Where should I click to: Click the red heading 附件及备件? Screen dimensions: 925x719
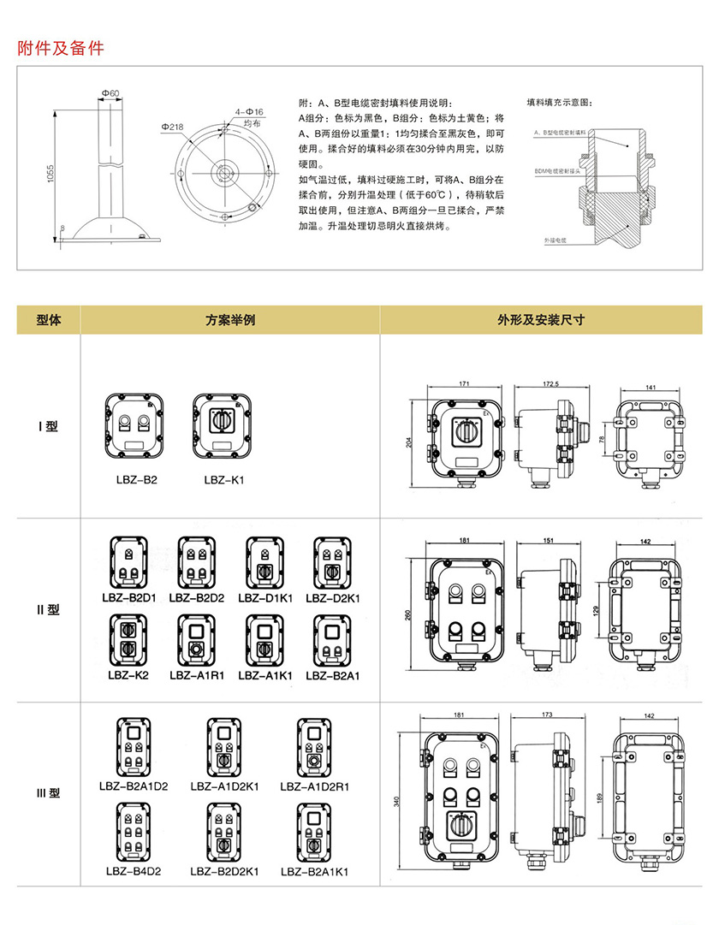point(61,48)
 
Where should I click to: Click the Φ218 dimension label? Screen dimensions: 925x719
point(171,126)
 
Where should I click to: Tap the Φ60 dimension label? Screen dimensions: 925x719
point(109,92)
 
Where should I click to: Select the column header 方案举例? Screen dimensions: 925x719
point(230,320)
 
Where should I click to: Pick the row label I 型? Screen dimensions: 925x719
point(48,426)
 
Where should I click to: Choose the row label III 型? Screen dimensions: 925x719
point(48,793)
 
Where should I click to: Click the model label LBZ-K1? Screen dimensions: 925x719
point(224,480)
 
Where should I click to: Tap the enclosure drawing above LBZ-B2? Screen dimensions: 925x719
point(134,424)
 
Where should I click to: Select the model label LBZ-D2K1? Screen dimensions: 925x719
point(333,597)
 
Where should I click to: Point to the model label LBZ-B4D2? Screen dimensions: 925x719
point(134,872)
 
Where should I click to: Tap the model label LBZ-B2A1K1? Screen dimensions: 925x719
point(315,873)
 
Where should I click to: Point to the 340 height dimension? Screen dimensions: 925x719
point(396,802)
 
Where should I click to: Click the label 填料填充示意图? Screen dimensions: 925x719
point(559,102)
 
